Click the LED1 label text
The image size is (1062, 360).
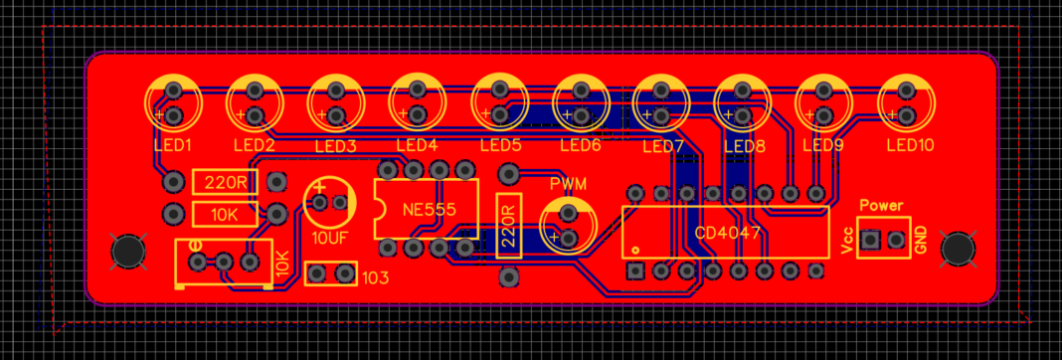(173, 145)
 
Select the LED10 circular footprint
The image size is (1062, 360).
(905, 103)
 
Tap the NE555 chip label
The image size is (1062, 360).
(429, 210)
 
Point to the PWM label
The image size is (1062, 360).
(568, 185)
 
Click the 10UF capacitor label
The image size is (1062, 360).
(329, 239)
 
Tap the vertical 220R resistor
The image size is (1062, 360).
(508, 225)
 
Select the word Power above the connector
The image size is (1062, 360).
(880, 206)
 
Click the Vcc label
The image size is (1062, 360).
(846, 242)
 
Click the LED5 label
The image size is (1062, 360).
(500, 145)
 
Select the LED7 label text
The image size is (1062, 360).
(662, 147)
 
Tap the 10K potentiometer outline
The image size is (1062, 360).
(224, 263)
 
